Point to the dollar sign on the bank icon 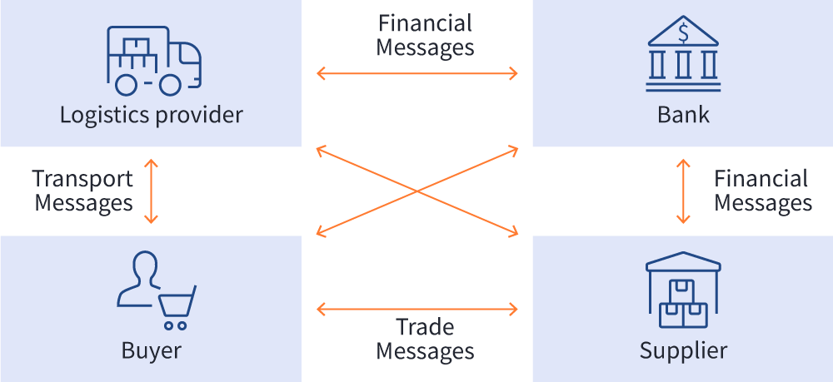(x=684, y=33)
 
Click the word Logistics (x=99, y=114)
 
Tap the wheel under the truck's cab (x=170, y=84)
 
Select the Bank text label (x=683, y=114)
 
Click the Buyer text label (x=151, y=350)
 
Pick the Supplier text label (x=683, y=350)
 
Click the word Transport (x=82, y=178)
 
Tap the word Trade (x=425, y=327)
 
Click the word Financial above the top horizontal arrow (x=425, y=23)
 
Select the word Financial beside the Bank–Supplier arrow (x=761, y=178)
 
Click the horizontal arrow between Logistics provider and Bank (x=416, y=74)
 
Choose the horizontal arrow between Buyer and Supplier (x=416, y=310)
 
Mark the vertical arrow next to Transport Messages (x=151, y=191)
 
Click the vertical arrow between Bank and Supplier (x=683, y=191)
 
